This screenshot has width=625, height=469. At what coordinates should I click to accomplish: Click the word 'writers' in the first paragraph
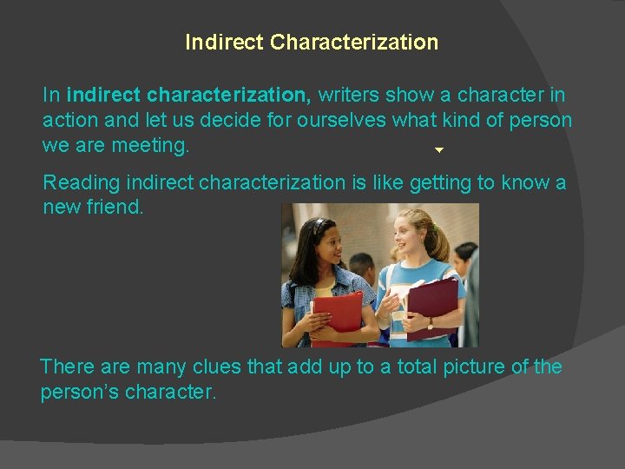pyautogui.click(x=352, y=94)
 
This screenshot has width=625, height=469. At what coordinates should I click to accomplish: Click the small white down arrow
pyautogui.click(x=439, y=150)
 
